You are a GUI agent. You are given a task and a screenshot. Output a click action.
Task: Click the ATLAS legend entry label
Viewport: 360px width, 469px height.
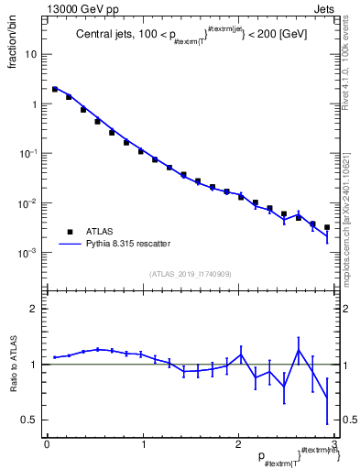click(x=100, y=232)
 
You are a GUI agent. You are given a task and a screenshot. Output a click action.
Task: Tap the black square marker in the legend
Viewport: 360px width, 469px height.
click(x=70, y=232)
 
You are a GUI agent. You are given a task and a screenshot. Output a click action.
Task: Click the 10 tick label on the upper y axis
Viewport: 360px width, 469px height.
click(x=32, y=54)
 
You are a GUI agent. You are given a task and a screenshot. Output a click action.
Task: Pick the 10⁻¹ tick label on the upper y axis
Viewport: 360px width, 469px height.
click(x=29, y=153)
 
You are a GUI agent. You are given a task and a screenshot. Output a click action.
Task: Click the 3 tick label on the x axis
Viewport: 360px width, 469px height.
click(x=334, y=444)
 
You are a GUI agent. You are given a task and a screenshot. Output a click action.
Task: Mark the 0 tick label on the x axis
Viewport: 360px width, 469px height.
click(x=47, y=444)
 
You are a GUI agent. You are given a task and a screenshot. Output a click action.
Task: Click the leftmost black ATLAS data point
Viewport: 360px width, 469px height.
click(x=55, y=90)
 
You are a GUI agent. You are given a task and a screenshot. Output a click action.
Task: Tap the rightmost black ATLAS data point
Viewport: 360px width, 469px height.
click(x=327, y=227)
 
